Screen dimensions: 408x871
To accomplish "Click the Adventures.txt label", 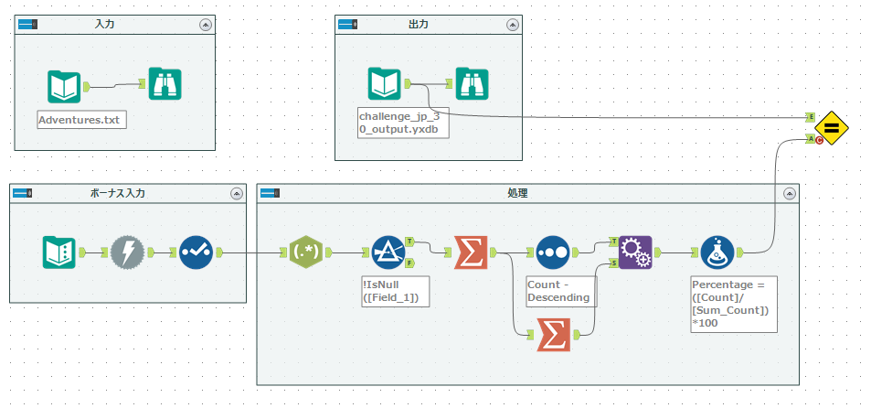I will click(x=80, y=120).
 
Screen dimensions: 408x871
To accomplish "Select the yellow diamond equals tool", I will click(x=832, y=127).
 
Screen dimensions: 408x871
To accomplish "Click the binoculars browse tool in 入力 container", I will click(x=165, y=86).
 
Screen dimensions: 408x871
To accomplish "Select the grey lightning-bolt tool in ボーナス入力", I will click(x=128, y=252).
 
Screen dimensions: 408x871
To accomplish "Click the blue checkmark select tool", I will click(x=195, y=252).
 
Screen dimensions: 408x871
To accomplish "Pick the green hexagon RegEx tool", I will click(x=304, y=252).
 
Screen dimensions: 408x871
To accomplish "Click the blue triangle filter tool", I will click(x=388, y=252).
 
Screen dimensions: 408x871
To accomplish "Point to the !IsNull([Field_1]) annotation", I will click(x=396, y=291).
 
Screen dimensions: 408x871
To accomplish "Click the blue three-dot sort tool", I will click(x=552, y=252).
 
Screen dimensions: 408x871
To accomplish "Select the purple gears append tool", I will click(x=634, y=252).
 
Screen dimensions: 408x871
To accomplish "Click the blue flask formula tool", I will click(x=717, y=252).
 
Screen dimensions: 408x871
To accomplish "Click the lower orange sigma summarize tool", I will click(x=552, y=335).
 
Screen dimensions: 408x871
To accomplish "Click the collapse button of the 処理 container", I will click(x=790, y=193).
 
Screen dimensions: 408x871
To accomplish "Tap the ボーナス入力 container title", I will click(x=117, y=193).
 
